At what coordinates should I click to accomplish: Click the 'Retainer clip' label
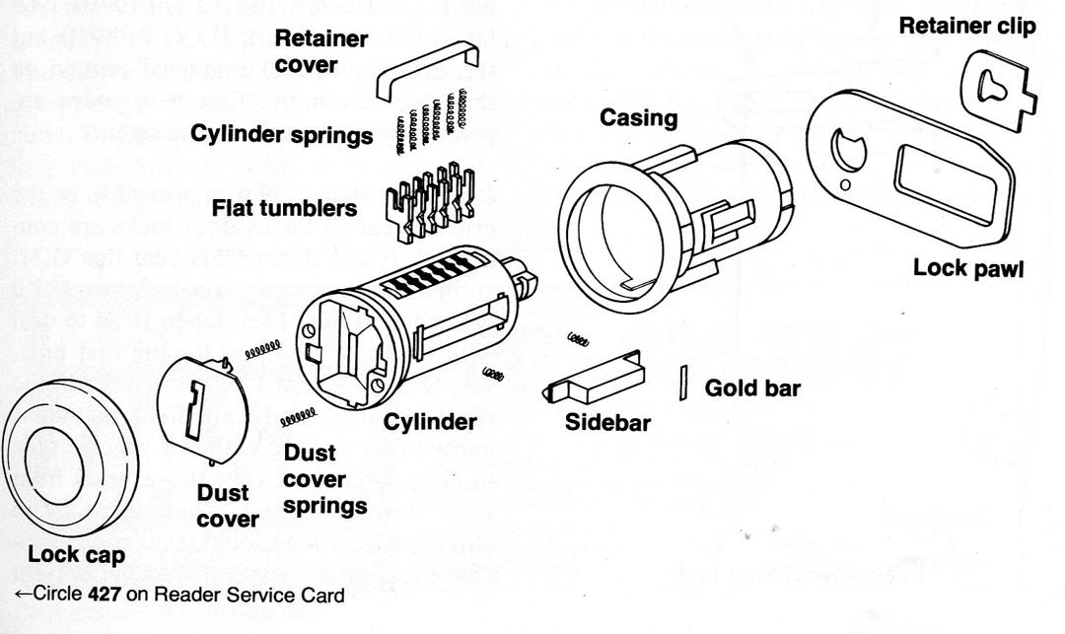pos(967,27)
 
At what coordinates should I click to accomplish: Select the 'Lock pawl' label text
pos(967,268)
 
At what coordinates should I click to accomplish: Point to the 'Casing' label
pos(640,118)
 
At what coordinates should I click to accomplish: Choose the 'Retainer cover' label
pos(321,52)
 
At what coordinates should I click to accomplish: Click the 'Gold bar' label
pos(752,387)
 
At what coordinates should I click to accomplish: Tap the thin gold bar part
pos(682,383)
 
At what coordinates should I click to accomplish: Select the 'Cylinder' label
pos(430,423)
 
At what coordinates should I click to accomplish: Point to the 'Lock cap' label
pos(77,554)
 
